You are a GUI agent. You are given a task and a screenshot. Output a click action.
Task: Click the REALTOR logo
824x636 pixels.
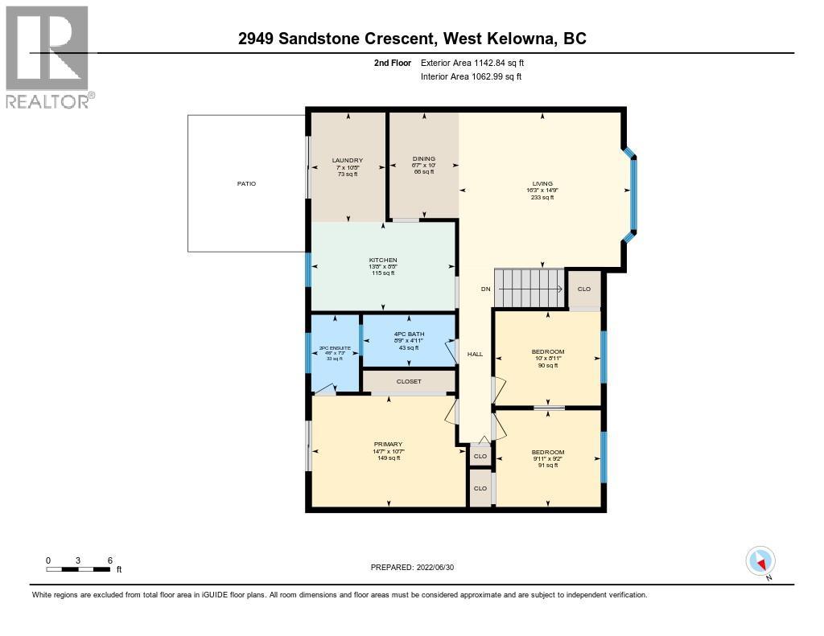(x=47, y=56)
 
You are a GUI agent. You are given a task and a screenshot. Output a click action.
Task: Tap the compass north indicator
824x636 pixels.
(x=760, y=561)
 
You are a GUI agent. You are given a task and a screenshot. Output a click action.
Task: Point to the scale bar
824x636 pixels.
(x=78, y=569)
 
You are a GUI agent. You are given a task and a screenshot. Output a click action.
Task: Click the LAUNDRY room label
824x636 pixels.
(x=348, y=160)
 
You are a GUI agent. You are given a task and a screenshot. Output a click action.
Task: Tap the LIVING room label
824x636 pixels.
(x=542, y=183)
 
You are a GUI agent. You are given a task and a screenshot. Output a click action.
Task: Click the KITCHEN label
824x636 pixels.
(x=383, y=261)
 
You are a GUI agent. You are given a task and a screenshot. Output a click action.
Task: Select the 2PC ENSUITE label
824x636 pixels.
(x=333, y=347)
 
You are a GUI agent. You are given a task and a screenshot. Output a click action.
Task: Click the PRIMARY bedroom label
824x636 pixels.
(x=388, y=445)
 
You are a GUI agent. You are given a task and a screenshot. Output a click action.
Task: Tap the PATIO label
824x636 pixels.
(x=246, y=184)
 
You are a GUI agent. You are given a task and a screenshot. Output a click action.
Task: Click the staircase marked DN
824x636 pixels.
(x=529, y=288)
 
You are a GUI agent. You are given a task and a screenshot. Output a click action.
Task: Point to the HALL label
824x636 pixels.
(x=475, y=354)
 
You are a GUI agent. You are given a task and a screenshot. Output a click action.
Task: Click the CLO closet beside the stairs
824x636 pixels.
(x=584, y=289)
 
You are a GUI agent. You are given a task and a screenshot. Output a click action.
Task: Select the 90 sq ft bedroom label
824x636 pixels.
(x=548, y=351)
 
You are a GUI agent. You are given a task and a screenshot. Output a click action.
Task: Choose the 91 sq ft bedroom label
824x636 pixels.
(x=548, y=452)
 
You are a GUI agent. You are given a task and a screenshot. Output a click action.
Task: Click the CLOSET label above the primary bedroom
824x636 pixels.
(x=409, y=381)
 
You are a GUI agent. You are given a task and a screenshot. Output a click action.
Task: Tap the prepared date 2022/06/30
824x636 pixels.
(x=411, y=567)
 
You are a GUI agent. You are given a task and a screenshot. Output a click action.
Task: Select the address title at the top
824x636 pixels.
(x=412, y=38)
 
